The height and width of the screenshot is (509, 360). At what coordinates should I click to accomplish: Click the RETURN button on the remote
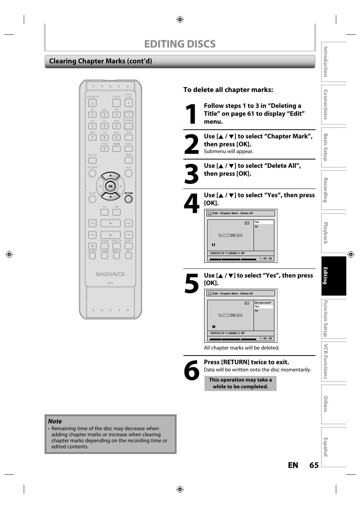click(x=129, y=199)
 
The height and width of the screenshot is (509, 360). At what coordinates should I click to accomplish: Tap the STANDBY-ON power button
click(x=92, y=103)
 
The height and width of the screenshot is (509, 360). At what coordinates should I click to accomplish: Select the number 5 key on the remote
click(x=105, y=126)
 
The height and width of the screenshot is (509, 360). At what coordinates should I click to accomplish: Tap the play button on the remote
click(x=111, y=223)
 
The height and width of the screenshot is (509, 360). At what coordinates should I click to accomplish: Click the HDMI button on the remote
click(x=129, y=137)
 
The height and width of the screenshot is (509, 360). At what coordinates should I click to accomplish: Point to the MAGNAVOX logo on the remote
click(x=110, y=274)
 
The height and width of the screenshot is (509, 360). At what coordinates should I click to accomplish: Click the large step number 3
click(x=192, y=175)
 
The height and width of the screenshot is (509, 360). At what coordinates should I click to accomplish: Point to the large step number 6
click(x=192, y=371)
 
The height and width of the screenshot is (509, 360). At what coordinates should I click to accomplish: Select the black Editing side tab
click(x=334, y=276)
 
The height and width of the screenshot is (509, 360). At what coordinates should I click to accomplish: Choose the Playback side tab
click(x=334, y=233)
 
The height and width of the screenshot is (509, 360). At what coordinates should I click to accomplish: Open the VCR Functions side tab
click(x=334, y=362)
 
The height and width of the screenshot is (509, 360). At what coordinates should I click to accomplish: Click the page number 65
click(x=314, y=465)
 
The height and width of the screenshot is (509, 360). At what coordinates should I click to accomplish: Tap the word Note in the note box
click(x=55, y=421)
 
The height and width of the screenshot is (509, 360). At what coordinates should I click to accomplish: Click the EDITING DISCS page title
click(x=180, y=44)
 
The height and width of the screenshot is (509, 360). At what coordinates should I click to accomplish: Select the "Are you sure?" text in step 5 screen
click(x=263, y=303)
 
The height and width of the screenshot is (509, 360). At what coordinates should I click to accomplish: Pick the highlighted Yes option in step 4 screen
click(x=263, y=222)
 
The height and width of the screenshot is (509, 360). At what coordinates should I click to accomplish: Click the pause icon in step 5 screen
click(x=214, y=327)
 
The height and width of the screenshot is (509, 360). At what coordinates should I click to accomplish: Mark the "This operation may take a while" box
click(x=240, y=383)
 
